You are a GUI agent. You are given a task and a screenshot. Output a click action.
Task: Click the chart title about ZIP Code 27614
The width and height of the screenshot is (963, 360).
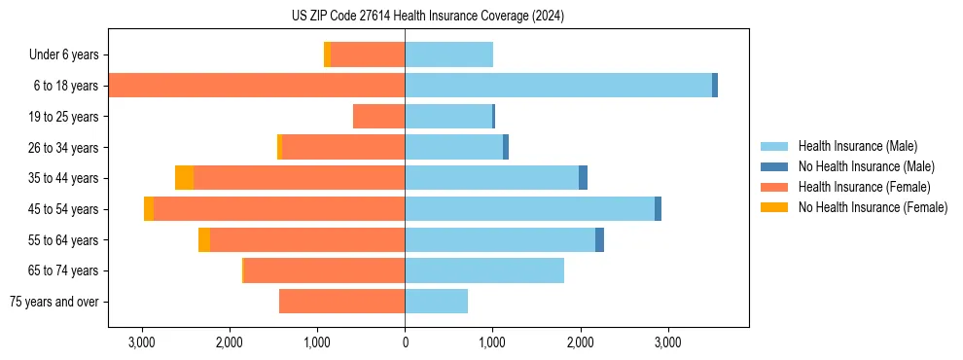[427, 16]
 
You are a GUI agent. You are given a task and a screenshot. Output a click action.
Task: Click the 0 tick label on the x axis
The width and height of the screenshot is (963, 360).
[405, 342]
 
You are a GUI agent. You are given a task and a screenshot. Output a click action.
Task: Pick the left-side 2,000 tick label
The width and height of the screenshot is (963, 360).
[230, 342]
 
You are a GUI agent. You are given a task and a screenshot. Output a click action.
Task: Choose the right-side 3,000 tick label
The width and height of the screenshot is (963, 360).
[667, 342]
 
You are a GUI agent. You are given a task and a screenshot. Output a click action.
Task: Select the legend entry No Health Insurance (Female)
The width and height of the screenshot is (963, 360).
[873, 207]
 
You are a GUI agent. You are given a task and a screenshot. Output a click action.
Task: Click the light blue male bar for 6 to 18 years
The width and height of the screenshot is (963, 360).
[558, 86]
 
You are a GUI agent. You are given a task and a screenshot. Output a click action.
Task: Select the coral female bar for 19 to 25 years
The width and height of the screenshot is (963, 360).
[378, 117]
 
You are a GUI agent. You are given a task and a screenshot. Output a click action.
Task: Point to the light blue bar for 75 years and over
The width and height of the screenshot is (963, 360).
[436, 302]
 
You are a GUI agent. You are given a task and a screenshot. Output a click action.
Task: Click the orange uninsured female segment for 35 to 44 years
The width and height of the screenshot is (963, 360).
[184, 178]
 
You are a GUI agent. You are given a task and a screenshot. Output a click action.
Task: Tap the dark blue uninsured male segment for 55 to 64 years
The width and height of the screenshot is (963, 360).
[599, 239]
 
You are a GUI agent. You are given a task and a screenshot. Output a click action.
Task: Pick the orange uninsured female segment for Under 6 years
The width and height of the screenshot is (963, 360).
[327, 55]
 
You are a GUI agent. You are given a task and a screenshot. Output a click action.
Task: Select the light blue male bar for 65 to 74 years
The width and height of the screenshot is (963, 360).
[484, 270]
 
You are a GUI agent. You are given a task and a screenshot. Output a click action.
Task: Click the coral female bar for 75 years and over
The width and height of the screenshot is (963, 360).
[341, 302]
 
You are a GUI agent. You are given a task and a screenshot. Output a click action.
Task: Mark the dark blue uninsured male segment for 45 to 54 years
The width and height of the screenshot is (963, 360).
[658, 209]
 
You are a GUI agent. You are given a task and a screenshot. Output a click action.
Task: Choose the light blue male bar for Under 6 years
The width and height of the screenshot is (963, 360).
[448, 55]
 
